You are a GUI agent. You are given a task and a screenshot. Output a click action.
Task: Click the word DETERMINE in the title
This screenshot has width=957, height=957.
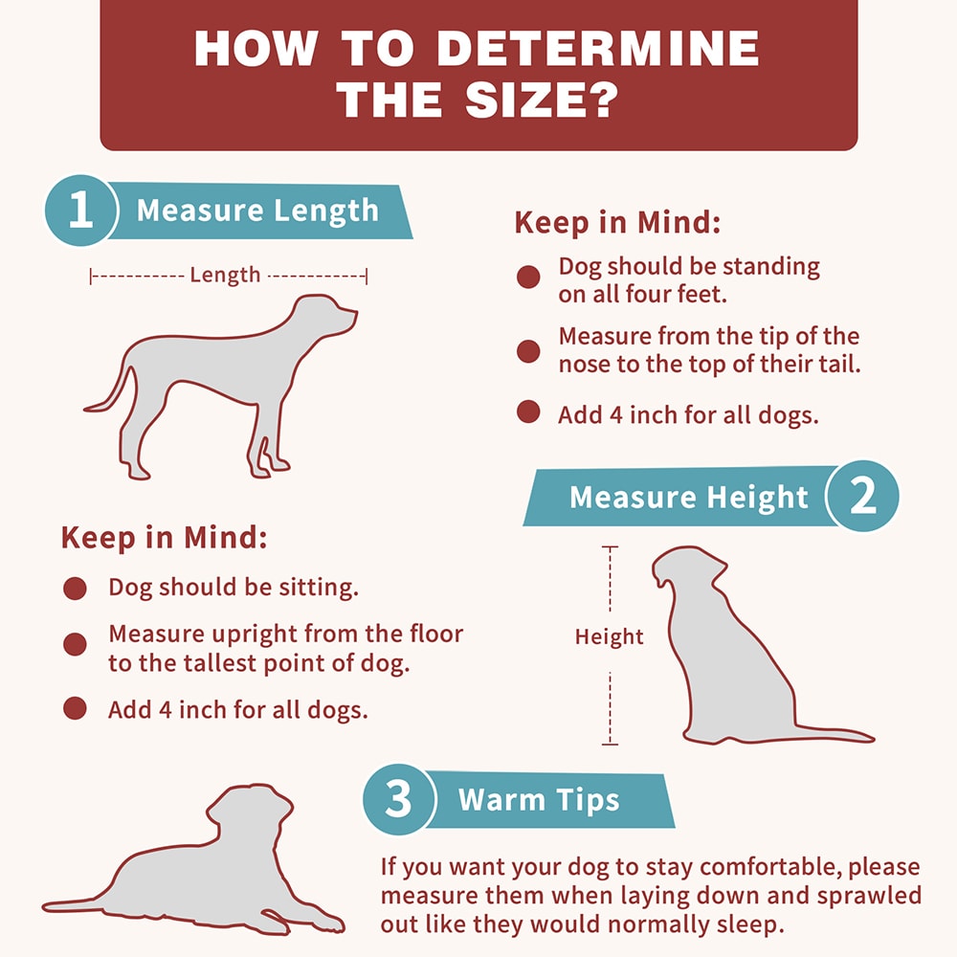[x=598, y=48]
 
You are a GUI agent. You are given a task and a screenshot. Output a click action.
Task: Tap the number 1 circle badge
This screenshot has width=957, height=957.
[x=80, y=211]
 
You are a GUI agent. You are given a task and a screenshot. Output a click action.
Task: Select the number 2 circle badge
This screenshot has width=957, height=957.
[x=862, y=496]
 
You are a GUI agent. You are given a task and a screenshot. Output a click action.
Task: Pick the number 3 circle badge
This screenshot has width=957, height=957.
[x=398, y=799]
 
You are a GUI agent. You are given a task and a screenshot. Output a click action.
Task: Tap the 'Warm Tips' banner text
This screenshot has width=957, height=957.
[x=539, y=800]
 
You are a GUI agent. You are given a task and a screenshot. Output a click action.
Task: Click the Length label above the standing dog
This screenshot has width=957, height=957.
[x=225, y=276]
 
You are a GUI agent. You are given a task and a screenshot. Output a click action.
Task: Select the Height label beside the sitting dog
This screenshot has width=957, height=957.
[x=609, y=637]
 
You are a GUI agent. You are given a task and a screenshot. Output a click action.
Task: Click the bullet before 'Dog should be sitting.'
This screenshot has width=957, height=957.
[x=75, y=589]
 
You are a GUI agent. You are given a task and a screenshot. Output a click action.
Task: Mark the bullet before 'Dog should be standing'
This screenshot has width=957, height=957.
[x=528, y=278]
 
